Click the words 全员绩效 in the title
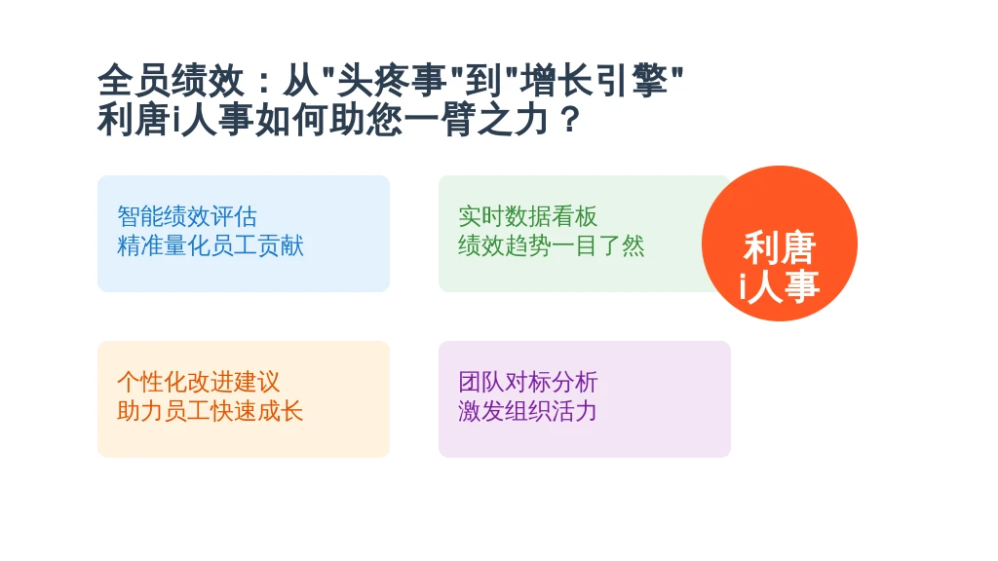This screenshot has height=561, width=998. pos(171,81)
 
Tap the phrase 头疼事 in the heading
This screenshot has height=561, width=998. pos(392,81)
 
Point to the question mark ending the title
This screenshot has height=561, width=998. pos(571,120)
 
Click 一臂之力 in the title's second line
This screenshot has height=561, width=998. pos(476,120)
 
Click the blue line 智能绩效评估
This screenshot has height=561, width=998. pos(187,216)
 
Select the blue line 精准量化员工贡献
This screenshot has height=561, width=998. pos(211,245)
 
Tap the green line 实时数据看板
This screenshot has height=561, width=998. pos(527,216)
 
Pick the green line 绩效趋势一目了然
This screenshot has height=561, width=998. pos(552,245)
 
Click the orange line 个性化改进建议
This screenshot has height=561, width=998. pos(199,382)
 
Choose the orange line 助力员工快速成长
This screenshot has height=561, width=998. pos(211,411)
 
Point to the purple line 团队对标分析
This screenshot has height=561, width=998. pos(527,382)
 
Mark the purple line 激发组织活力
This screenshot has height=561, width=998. pos(527,411)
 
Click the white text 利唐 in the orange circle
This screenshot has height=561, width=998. pos(780,247)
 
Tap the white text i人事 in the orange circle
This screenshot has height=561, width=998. pos(779,285)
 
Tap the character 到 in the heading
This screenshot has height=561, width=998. pos(482,81)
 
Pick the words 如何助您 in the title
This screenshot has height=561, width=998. pos(329,120)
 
